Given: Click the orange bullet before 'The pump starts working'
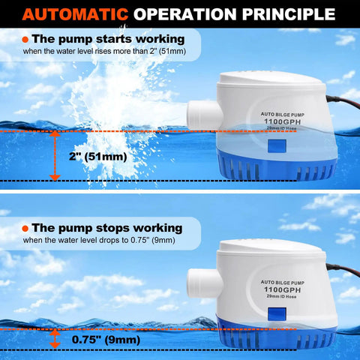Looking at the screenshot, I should pos(26,39).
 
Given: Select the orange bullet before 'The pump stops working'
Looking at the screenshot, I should pos(26,227).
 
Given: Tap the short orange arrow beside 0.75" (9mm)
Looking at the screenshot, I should pos(55,340).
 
